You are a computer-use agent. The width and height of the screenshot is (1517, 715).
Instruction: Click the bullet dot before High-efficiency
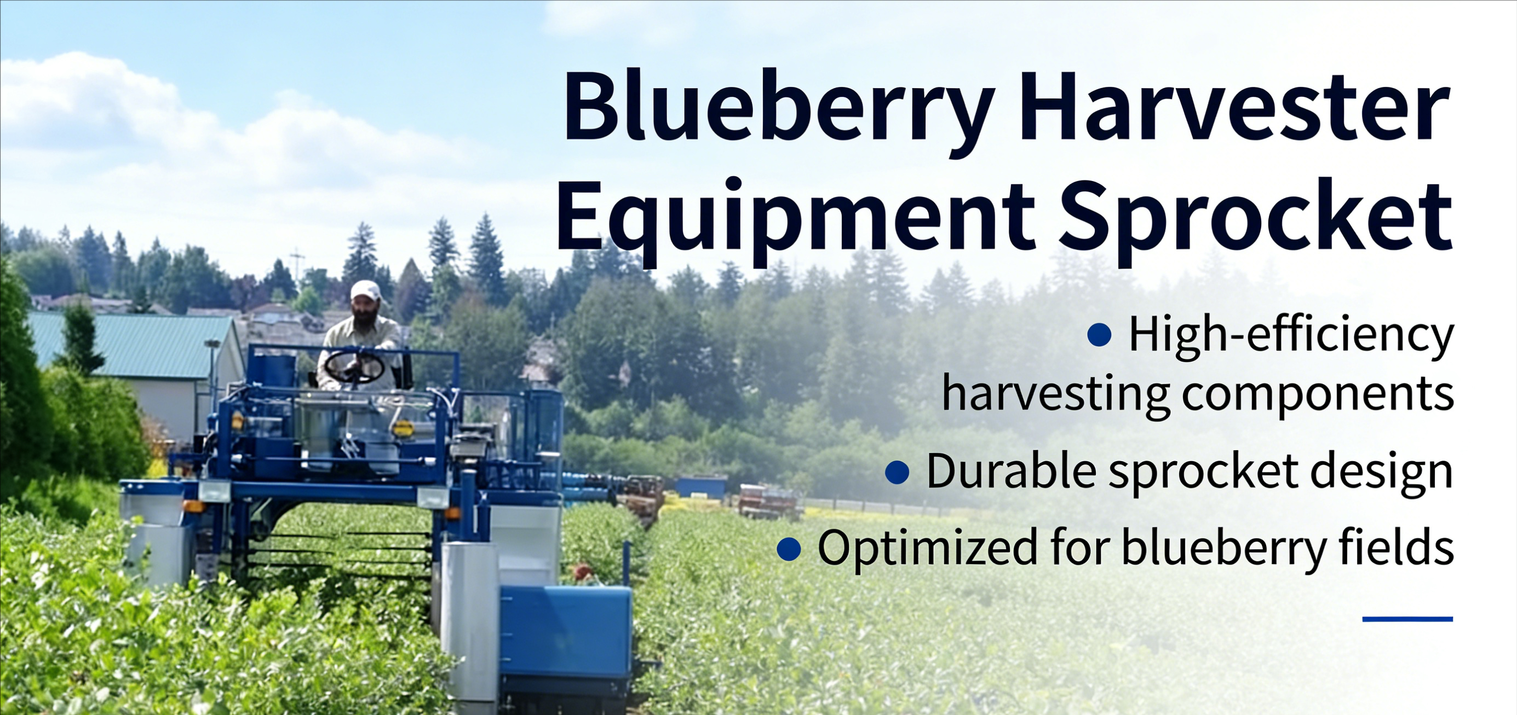[1099, 335]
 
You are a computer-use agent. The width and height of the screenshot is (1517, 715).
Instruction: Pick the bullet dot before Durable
[897, 472]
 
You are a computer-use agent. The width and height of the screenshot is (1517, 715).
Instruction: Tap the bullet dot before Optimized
[789, 549]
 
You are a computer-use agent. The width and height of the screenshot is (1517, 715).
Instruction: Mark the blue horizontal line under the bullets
[1407, 619]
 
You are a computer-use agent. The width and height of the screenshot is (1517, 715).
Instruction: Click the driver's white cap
[366, 289]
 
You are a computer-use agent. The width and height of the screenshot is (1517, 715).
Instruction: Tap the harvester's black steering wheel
[354, 366]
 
